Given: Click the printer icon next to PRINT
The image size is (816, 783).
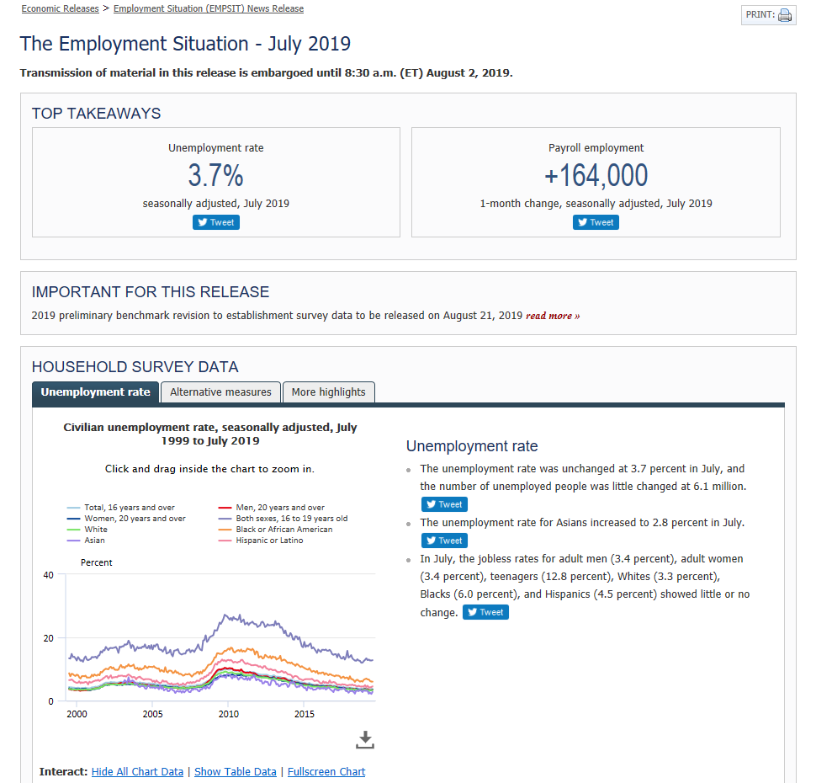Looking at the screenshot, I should (x=785, y=15).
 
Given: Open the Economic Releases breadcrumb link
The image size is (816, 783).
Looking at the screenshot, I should (x=60, y=8).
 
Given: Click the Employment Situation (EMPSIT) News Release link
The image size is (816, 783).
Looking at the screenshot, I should (x=209, y=8).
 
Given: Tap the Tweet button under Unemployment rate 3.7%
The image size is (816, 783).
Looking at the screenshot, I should (x=216, y=222).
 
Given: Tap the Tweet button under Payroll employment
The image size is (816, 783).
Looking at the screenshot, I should (x=596, y=222).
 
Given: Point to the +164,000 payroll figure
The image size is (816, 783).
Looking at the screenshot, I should (x=596, y=176).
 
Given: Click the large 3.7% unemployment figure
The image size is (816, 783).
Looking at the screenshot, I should (x=215, y=176).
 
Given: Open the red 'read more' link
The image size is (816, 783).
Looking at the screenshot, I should (x=553, y=316).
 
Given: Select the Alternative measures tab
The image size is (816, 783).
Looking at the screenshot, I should (x=220, y=392).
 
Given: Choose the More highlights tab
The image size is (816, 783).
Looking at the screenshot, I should (x=328, y=392).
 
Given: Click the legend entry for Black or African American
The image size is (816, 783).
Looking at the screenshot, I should (x=283, y=530).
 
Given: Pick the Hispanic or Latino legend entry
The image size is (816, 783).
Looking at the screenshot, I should (x=269, y=541).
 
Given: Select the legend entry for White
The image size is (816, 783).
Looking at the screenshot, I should (x=96, y=530).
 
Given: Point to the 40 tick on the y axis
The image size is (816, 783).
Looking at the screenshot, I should (x=48, y=575).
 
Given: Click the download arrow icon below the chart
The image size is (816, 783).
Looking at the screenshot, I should (x=364, y=739).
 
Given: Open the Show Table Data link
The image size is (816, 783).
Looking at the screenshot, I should (x=235, y=772).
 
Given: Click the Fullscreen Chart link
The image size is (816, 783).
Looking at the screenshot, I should (x=326, y=772).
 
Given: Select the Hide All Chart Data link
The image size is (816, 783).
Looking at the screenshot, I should (x=137, y=772).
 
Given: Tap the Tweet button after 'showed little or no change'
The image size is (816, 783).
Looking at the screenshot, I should (x=486, y=612).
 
